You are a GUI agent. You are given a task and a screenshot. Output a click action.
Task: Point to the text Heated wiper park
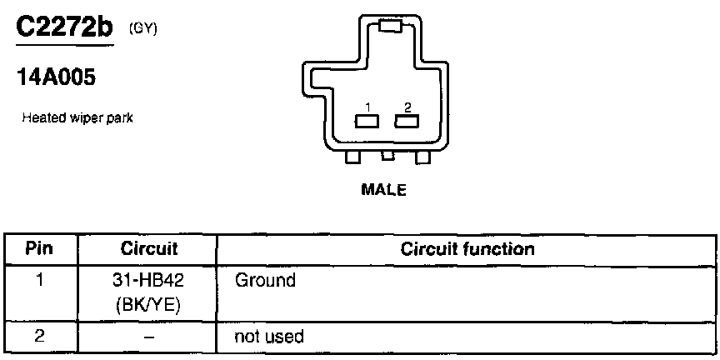[x=77, y=118]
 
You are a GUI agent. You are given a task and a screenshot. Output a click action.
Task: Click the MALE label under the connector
[x=383, y=190]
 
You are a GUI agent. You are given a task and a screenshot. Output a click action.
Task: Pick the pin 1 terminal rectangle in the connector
[x=366, y=122]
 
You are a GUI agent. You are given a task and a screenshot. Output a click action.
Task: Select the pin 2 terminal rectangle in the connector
[x=406, y=122]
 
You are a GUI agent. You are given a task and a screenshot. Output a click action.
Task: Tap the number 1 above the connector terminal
[x=367, y=107]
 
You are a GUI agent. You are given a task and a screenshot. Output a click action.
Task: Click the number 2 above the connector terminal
[x=407, y=107]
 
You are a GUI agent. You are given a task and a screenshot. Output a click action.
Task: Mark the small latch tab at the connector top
[x=390, y=27]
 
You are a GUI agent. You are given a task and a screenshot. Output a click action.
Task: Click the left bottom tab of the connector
[x=352, y=157]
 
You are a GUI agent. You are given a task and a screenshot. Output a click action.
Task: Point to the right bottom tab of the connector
[x=422, y=157]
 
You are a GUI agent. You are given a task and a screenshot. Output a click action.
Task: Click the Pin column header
[x=40, y=249]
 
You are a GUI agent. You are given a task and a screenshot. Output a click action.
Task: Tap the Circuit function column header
[x=467, y=249]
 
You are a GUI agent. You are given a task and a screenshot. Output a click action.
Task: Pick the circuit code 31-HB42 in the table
[x=147, y=281]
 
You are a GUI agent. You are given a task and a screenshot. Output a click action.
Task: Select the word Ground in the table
[x=265, y=281]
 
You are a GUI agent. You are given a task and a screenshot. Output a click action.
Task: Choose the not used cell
[x=270, y=337]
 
